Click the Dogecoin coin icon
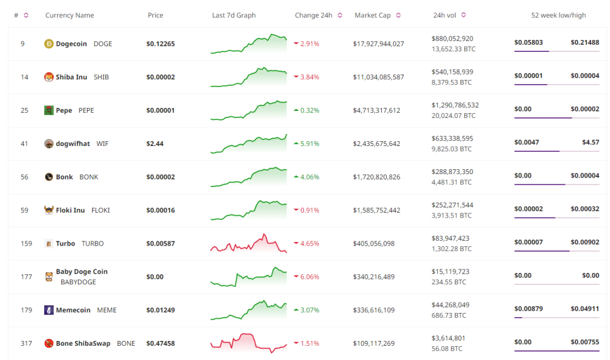pos(49,44)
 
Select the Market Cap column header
pos(372,15)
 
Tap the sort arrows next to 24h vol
pos(463,15)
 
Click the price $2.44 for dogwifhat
pos(154,144)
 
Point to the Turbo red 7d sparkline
pos(248,244)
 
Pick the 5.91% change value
pos(310,144)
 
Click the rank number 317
pos(24,343)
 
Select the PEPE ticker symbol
pos(86,110)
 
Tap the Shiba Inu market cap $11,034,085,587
pos(378,77)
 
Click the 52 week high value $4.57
pos(590,142)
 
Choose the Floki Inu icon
pos(49,210)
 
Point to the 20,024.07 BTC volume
pos(453,116)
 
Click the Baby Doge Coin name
pos(82,272)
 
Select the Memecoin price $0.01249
pos(160,310)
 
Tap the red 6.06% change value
pos(310,277)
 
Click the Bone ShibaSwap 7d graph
pos(248,342)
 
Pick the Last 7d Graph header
pos(234,15)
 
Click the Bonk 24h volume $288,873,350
pos(452,172)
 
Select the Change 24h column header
pos(313,15)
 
